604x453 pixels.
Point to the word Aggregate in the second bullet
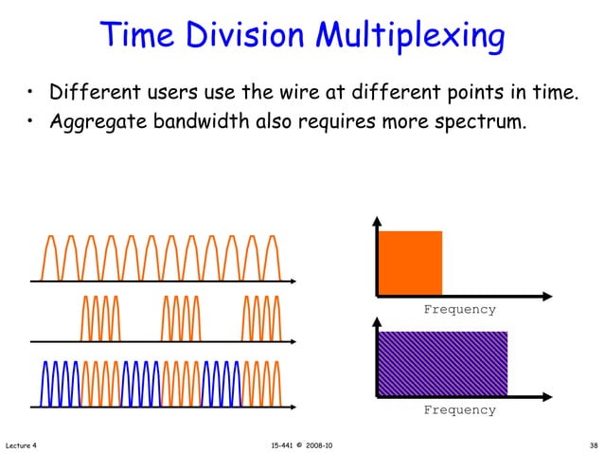tap(95, 123)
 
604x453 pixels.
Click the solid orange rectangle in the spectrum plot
tap(410, 263)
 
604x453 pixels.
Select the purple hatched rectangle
tap(443, 363)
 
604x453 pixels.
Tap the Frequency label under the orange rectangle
tap(458, 310)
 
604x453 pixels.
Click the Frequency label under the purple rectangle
tap(458, 410)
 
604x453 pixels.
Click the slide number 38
tap(593, 444)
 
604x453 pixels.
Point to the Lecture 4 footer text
tap(21, 444)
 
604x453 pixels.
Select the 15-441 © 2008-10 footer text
tap(301, 444)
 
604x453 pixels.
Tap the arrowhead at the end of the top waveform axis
tap(293, 281)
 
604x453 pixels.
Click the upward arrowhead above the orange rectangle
tap(377, 222)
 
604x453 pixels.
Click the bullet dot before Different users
tap(31, 95)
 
